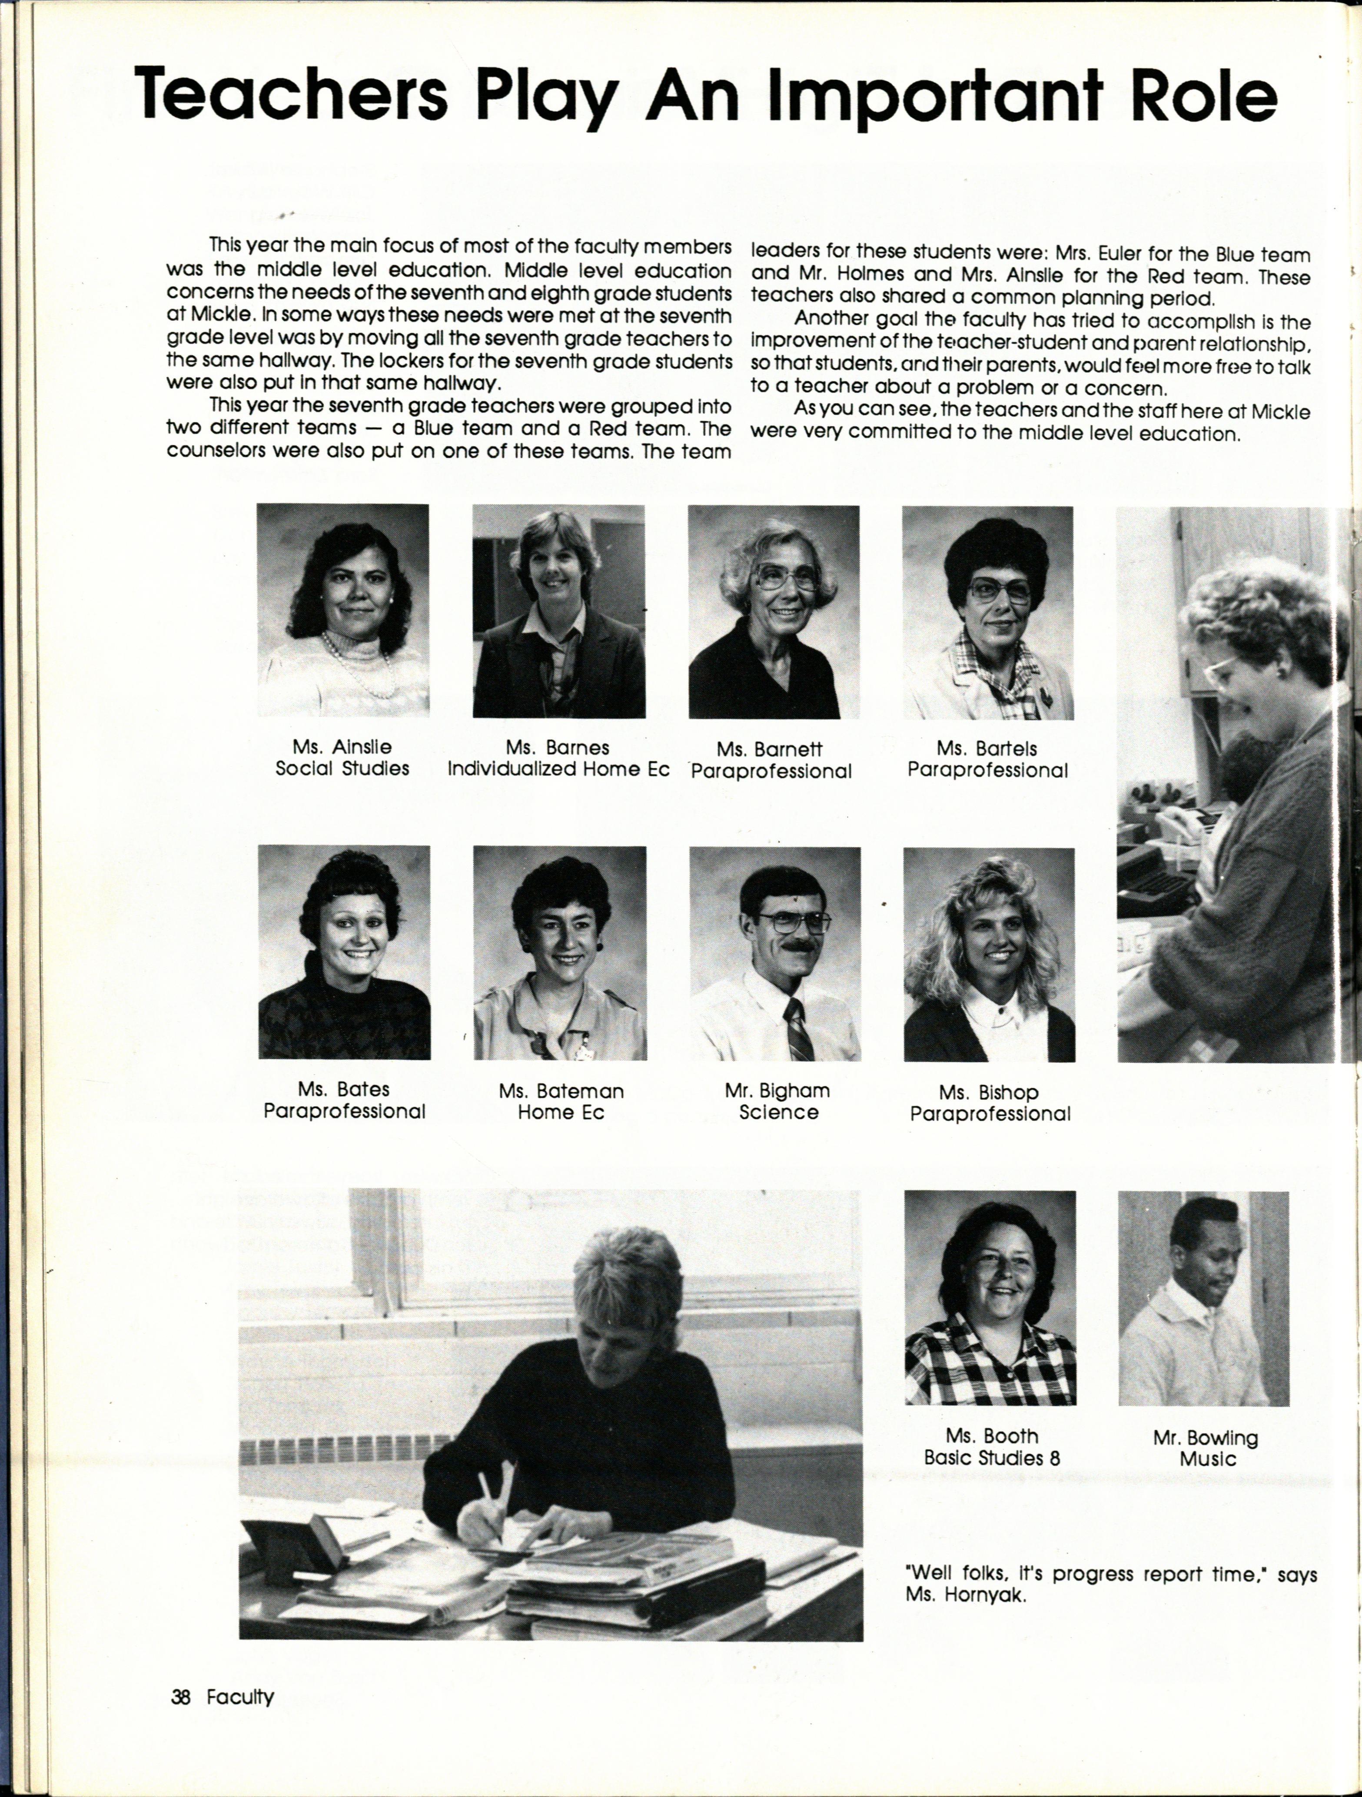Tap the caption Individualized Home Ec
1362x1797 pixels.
pos(558,769)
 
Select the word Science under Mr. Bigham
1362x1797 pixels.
pos(778,1112)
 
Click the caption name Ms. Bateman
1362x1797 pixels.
pos(561,1091)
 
